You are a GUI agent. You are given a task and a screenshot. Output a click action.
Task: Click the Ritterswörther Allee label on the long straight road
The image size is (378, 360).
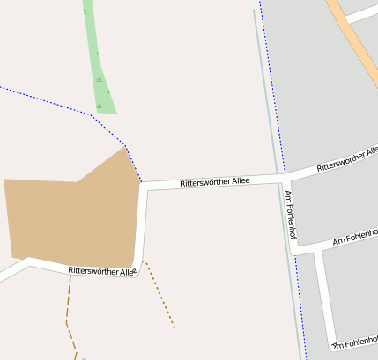tap(214, 181)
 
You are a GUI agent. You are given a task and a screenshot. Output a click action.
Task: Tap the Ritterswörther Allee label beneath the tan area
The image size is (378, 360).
tap(102, 271)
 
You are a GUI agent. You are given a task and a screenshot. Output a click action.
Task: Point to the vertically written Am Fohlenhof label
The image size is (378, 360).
tap(290, 215)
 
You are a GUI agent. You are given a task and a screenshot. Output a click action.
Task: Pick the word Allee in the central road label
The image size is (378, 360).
tap(241, 180)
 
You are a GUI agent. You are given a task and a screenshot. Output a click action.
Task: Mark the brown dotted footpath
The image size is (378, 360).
tap(160, 296)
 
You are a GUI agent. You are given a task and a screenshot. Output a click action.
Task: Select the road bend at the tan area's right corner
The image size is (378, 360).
tap(143, 186)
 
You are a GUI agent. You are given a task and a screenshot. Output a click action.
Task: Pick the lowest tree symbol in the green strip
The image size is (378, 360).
tap(100, 106)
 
